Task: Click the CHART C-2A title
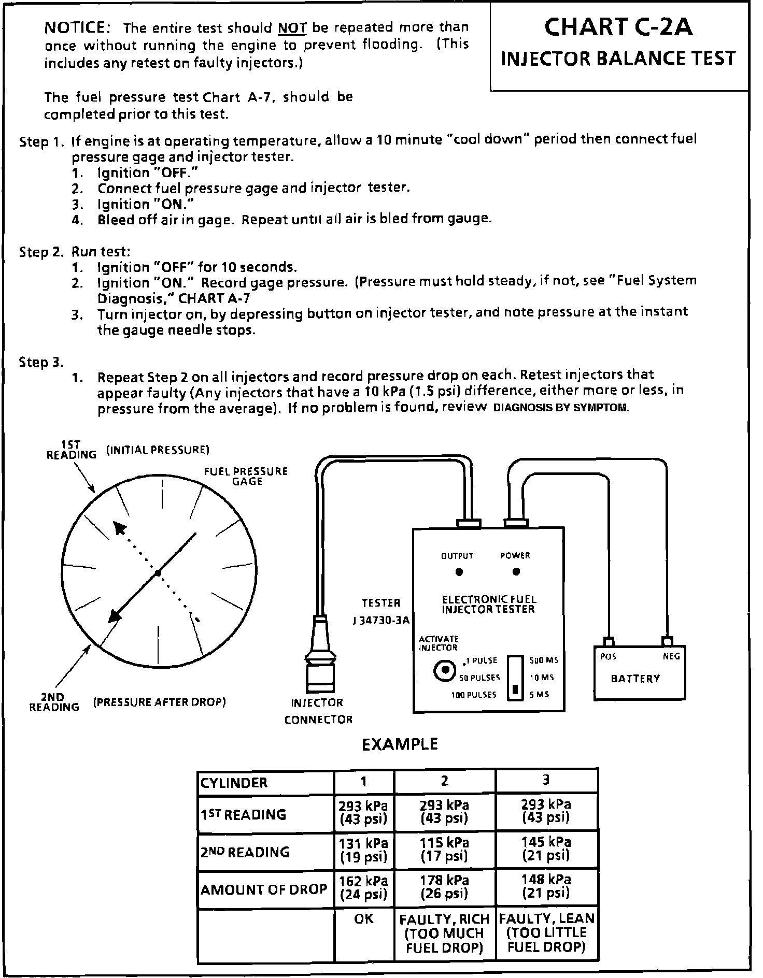click(x=618, y=27)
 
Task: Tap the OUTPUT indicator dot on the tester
click(x=459, y=572)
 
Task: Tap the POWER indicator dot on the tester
click(x=516, y=572)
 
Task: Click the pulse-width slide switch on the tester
click(x=515, y=678)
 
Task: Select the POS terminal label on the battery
click(x=608, y=656)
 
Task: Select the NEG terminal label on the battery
click(x=671, y=656)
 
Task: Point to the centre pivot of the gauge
click(x=158, y=573)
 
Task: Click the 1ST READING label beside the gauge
click(x=72, y=450)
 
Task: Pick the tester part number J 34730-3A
click(x=381, y=620)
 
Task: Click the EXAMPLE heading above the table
click(x=399, y=744)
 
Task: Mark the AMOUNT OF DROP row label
click(x=264, y=889)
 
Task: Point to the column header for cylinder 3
click(x=546, y=780)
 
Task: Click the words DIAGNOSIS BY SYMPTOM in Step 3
click(x=561, y=408)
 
